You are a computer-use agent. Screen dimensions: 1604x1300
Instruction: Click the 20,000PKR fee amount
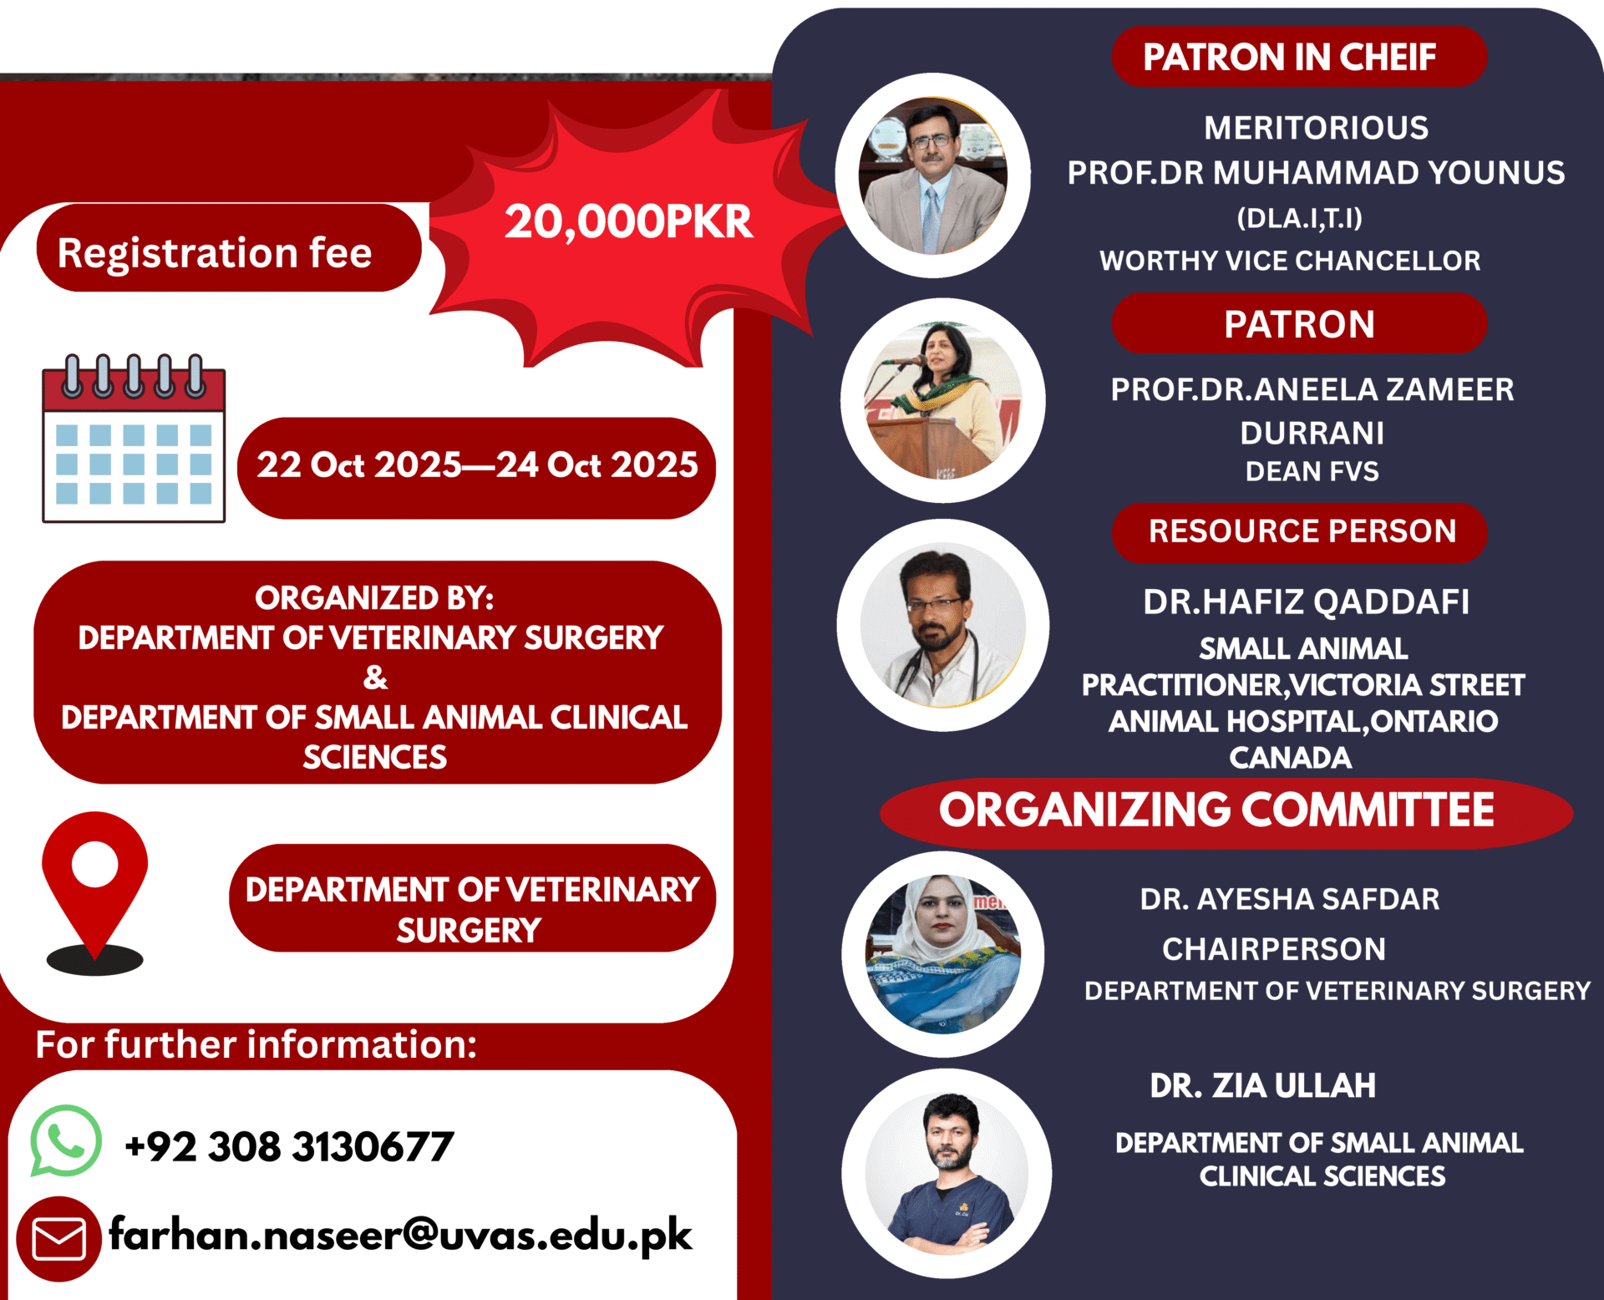click(628, 222)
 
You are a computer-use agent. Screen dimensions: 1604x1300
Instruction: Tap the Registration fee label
click(215, 252)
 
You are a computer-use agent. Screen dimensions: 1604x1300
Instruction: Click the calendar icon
click(134, 439)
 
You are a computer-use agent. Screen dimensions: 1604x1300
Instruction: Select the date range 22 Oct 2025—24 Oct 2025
click(477, 465)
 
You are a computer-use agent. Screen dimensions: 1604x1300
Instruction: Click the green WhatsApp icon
click(66, 1141)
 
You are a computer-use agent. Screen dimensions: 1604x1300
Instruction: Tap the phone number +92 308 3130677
click(289, 1146)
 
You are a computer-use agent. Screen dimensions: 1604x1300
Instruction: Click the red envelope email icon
click(58, 1239)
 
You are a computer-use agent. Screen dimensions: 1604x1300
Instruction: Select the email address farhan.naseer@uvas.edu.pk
click(401, 1235)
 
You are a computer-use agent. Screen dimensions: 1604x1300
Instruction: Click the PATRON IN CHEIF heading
click(1290, 57)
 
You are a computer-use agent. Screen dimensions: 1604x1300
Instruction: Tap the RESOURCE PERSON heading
click(1302, 531)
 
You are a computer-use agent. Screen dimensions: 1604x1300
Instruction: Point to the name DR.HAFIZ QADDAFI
click(1306, 602)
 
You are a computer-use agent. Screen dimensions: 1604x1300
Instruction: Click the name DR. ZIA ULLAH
click(1262, 1085)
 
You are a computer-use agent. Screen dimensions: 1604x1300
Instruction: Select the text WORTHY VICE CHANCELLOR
click(1290, 261)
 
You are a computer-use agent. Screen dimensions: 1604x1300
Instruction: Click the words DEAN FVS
click(1312, 471)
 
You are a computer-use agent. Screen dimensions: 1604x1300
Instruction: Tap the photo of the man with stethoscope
click(943, 625)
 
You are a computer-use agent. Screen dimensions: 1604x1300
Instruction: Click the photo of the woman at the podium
click(943, 400)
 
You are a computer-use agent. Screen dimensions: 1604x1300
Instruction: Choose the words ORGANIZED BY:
click(374, 598)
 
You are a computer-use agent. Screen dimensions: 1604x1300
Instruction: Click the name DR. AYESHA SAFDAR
click(1290, 899)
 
